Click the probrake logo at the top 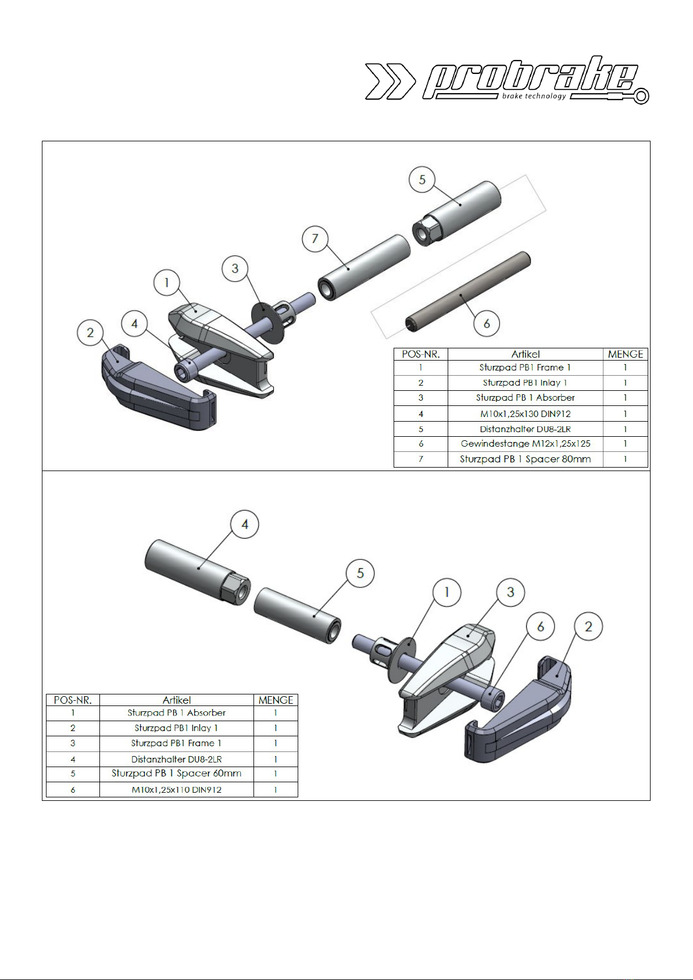click(506, 80)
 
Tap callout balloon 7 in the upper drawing click(315, 238)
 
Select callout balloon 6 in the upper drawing click(486, 323)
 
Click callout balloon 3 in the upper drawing click(235, 268)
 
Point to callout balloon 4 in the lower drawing click(244, 524)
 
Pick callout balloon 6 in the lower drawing click(541, 626)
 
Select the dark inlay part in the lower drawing click(518, 710)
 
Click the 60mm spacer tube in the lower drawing click(297, 615)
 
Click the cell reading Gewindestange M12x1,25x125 click(525, 444)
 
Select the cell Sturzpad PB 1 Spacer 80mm click(525, 459)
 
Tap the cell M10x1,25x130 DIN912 click(525, 414)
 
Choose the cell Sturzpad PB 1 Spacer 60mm click(176, 773)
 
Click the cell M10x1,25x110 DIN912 click(176, 790)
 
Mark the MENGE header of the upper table click(625, 354)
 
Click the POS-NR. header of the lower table click(73, 700)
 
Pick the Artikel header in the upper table click(525, 354)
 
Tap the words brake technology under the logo click(534, 96)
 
